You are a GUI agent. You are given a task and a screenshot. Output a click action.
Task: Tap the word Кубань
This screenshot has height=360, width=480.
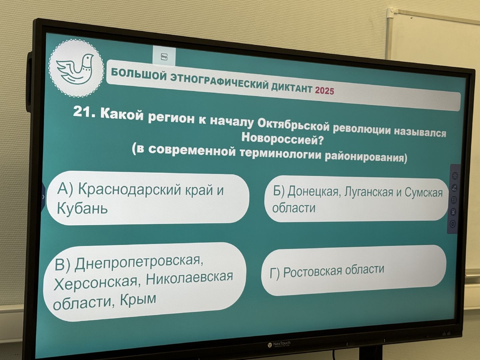click(82, 208)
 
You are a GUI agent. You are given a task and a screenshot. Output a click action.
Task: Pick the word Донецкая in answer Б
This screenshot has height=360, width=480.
click(313, 191)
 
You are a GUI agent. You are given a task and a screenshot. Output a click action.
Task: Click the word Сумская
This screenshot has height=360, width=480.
click(424, 192)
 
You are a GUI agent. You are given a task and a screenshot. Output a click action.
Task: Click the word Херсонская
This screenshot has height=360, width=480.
click(95, 283)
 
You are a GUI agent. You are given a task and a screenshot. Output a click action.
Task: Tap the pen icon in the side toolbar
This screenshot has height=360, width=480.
click(454, 188)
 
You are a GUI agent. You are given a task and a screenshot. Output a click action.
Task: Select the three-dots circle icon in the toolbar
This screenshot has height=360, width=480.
click(453, 224)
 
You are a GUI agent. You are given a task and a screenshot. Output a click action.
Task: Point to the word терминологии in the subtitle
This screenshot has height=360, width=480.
click(281, 153)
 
